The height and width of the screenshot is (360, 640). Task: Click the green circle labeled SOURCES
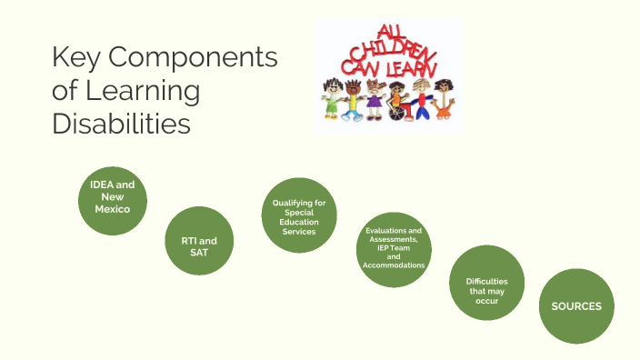pyautogui.click(x=576, y=306)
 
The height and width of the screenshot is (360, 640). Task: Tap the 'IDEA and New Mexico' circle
pyautogui.click(x=113, y=196)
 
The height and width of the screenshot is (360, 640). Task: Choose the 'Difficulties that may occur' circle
pyautogui.click(x=487, y=286)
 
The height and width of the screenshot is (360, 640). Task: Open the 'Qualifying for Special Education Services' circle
pyautogui.click(x=299, y=215)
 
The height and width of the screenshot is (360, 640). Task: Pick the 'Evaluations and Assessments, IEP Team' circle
pyautogui.click(x=394, y=250)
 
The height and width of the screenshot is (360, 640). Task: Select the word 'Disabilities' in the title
pyautogui.click(x=121, y=124)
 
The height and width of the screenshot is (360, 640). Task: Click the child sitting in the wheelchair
pyautogui.click(x=397, y=100)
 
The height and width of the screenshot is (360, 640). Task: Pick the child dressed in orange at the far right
pyautogui.click(x=443, y=100)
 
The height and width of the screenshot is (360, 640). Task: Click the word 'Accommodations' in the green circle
pyautogui.click(x=394, y=265)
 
